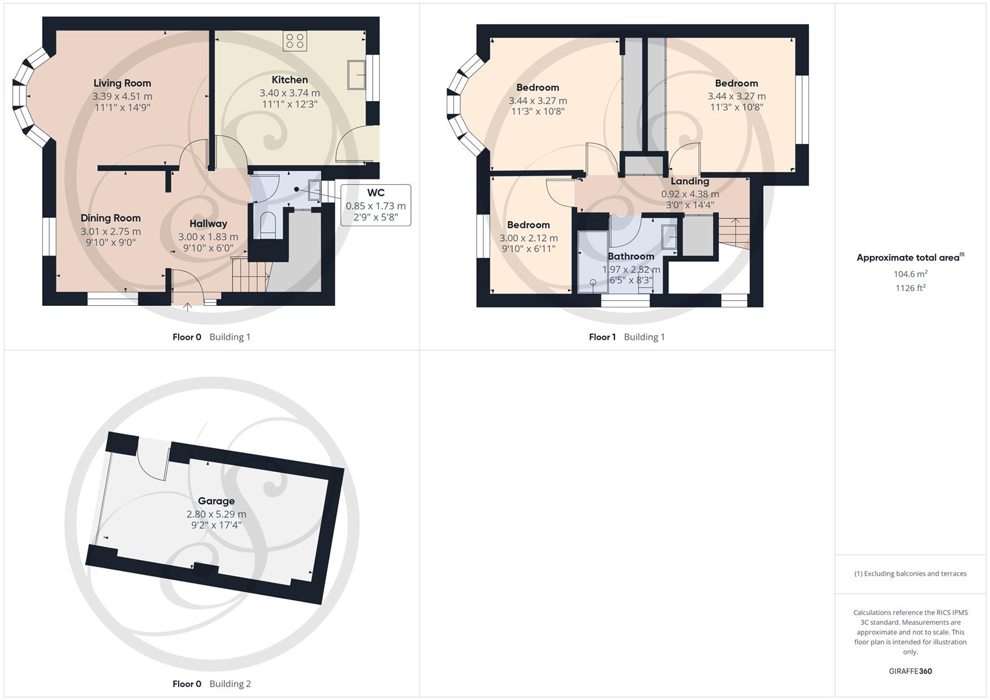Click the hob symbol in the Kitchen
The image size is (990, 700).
pyautogui.click(x=294, y=41)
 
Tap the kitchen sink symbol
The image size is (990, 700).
pyautogui.click(x=357, y=75)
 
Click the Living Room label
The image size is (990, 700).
pyautogui.click(x=122, y=83)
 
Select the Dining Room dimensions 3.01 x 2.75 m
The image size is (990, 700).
pyautogui.click(x=110, y=231)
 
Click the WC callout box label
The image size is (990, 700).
pyautogui.click(x=375, y=192)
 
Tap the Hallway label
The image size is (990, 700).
pyautogui.click(x=208, y=224)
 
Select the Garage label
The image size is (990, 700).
pyautogui.click(x=216, y=501)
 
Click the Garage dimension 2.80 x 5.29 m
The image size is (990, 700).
pyautogui.click(x=216, y=514)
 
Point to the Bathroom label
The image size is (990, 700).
pyautogui.click(x=630, y=256)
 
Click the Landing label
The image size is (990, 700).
pyautogui.click(x=689, y=181)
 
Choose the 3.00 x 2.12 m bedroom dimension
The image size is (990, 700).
pyautogui.click(x=528, y=238)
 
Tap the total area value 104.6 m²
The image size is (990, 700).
pyautogui.click(x=910, y=274)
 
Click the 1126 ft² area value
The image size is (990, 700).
pyautogui.click(x=910, y=288)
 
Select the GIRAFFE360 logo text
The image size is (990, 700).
pyautogui.click(x=910, y=671)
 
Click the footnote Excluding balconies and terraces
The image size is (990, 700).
pyautogui.click(x=910, y=574)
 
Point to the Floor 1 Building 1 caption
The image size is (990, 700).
pyautogui.click(x=626, y=337)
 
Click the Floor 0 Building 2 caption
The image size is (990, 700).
pyautogui.click(x=211, y=684)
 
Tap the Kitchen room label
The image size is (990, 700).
pyautogui.click(x=289, y=80)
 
